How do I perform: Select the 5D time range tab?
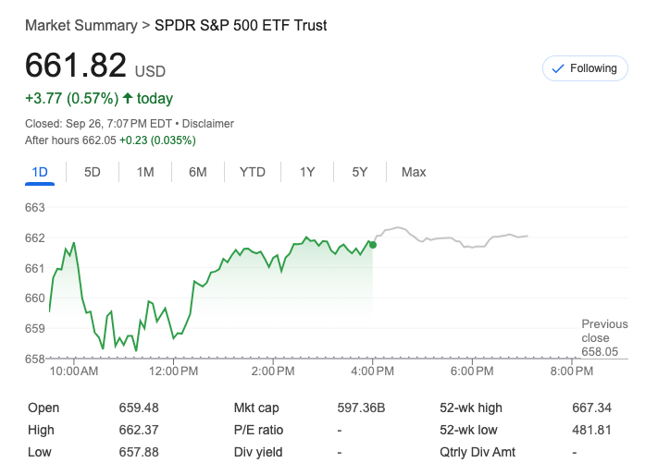(93, 172)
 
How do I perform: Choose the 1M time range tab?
(145, 172)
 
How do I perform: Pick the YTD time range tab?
(253, 172)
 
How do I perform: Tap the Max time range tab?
(414, 172)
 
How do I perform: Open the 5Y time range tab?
(360, 172)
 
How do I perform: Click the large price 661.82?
(76, 66)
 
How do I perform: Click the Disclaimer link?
(208, 123)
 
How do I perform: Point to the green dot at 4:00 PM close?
(372, 244)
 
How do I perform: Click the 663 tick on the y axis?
(35, 208)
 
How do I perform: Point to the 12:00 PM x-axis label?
(173, 371)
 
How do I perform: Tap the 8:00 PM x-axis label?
(572, 371)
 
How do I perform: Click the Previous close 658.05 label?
(604, 337)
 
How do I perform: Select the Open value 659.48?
(139, 408)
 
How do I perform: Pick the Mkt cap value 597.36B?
(361, 408)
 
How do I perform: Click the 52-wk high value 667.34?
(592, 408)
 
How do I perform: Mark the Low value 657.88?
(139, 452)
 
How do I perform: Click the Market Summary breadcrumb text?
(81, 25)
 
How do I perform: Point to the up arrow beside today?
(127, 98)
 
